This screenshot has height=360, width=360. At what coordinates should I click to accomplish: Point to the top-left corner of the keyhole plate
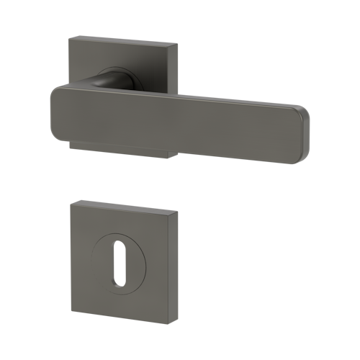click(72, 202)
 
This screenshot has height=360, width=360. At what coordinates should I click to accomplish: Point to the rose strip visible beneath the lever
click(122, 149)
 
